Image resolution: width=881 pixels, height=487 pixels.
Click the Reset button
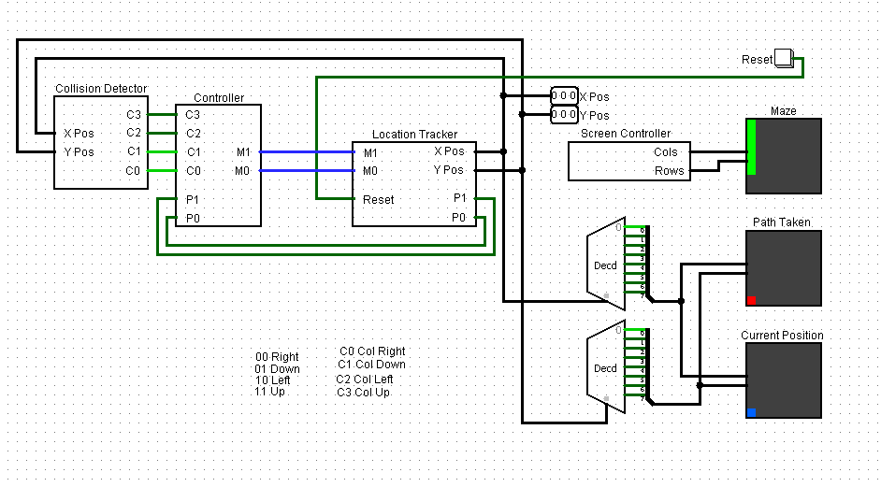click(784, 59)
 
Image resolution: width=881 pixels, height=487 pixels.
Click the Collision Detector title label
click(101, 89)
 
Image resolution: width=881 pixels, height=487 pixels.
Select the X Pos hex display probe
click(564, 95)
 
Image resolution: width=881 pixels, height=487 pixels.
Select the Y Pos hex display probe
click(564, 115)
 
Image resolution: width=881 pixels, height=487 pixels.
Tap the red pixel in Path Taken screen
click(751, 300)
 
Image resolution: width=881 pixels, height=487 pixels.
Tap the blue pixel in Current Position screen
click(751, 412)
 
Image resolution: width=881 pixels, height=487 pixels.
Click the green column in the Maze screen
click(751, 148)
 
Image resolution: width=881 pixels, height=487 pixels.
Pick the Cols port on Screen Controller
click(666, 151)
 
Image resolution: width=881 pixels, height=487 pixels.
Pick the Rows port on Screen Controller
click(668, 171)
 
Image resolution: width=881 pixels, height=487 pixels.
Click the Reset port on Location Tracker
click(378, 199)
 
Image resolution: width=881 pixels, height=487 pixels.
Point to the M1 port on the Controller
click(243, 151)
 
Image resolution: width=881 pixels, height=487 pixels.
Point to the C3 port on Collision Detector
click(134, 114)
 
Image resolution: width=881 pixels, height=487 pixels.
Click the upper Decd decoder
click(606, 265)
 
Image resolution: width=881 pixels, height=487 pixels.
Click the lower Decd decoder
click(606, 368)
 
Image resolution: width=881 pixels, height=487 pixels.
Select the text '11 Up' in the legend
click(270, 391)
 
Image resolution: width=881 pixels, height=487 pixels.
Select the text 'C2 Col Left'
click(365, 379)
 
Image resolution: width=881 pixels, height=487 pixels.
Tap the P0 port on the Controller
click(193, 219)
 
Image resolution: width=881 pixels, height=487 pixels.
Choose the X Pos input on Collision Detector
click(79, 133)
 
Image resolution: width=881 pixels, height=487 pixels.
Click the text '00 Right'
click(277, 356)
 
